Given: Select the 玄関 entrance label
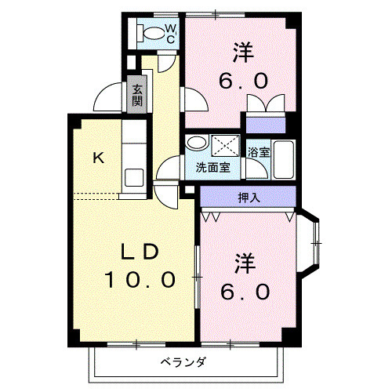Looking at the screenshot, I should click(x=137, y=95).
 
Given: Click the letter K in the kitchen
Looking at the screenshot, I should click(x=98, y=158).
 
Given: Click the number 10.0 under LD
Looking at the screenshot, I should click(x=141, y=279).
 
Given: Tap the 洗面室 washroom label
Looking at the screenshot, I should click(x=212, y=167).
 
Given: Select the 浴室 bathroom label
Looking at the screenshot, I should click(x=259, y=151).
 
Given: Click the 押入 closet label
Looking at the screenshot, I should click(x=249, y=197).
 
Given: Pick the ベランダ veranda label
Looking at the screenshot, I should click(x=184, y=362).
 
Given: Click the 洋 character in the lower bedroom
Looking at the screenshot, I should click(x=245, y=263).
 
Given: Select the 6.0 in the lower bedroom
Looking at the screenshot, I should click(x=245, y=291).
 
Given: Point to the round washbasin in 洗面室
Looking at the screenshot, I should click(x=197, y=143).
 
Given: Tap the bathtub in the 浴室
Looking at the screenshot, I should click(x=283, y=161).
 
